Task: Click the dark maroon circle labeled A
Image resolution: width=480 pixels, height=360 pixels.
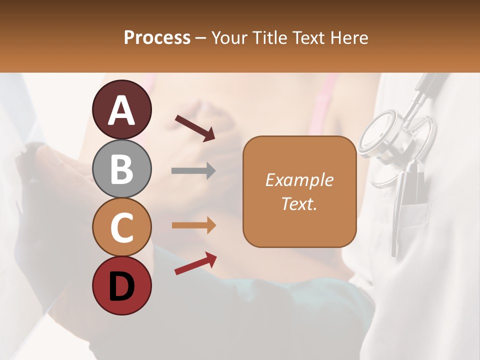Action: click(122, 110)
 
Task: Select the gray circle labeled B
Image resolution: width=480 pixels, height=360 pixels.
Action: click(122, 168)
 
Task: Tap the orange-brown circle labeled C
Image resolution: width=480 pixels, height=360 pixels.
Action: click(122, 227)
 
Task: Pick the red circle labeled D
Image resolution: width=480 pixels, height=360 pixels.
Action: click(122, 286)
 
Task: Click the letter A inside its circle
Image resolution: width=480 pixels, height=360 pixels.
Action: click(122, 110)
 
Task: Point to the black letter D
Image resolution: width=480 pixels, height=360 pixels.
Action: click(122, 286)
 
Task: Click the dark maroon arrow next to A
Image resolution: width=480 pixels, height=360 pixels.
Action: click(195, 128)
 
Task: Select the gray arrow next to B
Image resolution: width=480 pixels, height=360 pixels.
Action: click(193, 171)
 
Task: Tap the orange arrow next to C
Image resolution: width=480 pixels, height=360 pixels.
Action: click(193, 225)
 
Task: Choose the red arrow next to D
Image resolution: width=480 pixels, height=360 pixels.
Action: click(195, 263)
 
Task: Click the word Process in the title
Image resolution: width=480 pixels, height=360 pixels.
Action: click(157, 37)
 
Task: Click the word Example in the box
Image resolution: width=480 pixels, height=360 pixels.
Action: click(299, 180)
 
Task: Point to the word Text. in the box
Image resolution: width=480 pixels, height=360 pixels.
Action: click(299, 203)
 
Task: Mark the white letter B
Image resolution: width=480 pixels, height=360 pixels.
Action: click(122, 169)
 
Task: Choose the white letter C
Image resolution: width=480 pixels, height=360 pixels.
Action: click(122, 228)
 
